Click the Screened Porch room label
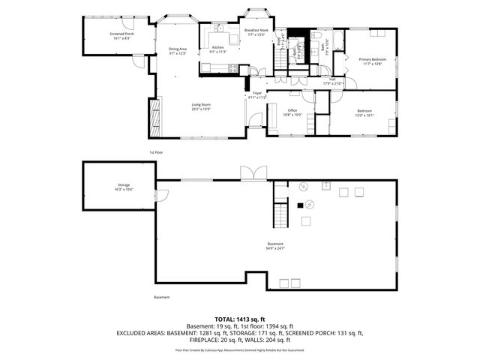pyautogui.click(x=121, y=35)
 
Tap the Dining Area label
pyautogui.click(x=178, y=51)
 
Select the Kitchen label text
pyautogui.click(x=217, y=49)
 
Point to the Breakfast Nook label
pyautogui.click(x=256, y=32)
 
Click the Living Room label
pyautogui.click(x=200, y=107)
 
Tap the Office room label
pyautogui.click(x=292, y=112)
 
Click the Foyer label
pyautogui.click(x=257, y=95)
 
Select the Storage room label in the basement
pyautogui.click(x=123, y=187)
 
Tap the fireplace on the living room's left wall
pyautogui.click(x=156, y=117)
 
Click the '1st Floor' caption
pyautogui.click(x=156, y=152)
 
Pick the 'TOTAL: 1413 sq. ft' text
pyautogui.click(x=240, y=319)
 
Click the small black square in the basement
pyautogui.click(x=300, y=205)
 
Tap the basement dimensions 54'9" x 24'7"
pyautogui.click(x=276, y=248)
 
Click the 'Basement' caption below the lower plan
pyautogui.click(x=162, y=297)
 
